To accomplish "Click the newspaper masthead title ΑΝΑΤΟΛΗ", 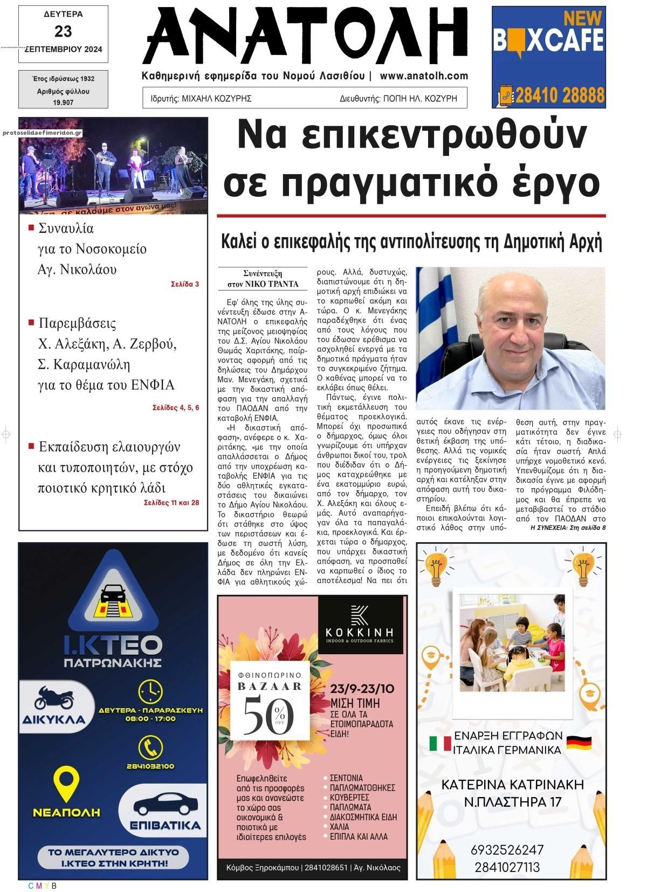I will tap(305, 37).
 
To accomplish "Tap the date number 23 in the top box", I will tap(63, 31).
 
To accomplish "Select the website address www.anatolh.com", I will tap(423, 77).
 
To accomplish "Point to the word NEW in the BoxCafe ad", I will tap(582, 18).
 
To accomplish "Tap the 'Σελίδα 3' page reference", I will tap(185, 283).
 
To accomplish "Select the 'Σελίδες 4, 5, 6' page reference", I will tap(176, 407).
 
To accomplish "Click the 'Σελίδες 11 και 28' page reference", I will tap(171, 502).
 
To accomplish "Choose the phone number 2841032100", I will tap(150, 766).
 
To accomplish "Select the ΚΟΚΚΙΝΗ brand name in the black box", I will tap(360, 632).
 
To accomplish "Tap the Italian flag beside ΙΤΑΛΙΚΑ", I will tap(440, 744).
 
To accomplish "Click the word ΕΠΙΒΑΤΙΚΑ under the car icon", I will tap(166, 825).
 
